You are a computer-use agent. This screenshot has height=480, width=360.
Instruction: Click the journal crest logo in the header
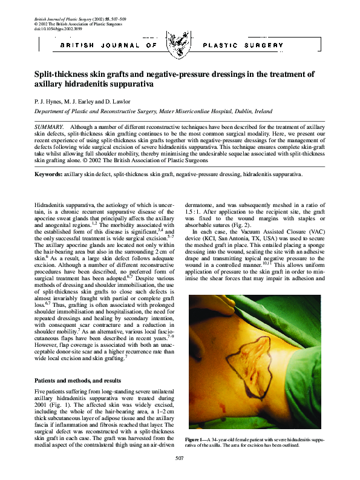(x=179, y=45)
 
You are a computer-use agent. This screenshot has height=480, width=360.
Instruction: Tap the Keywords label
(x=48, y=174)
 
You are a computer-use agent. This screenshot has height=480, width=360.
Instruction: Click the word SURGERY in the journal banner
(x=264, y=45)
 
